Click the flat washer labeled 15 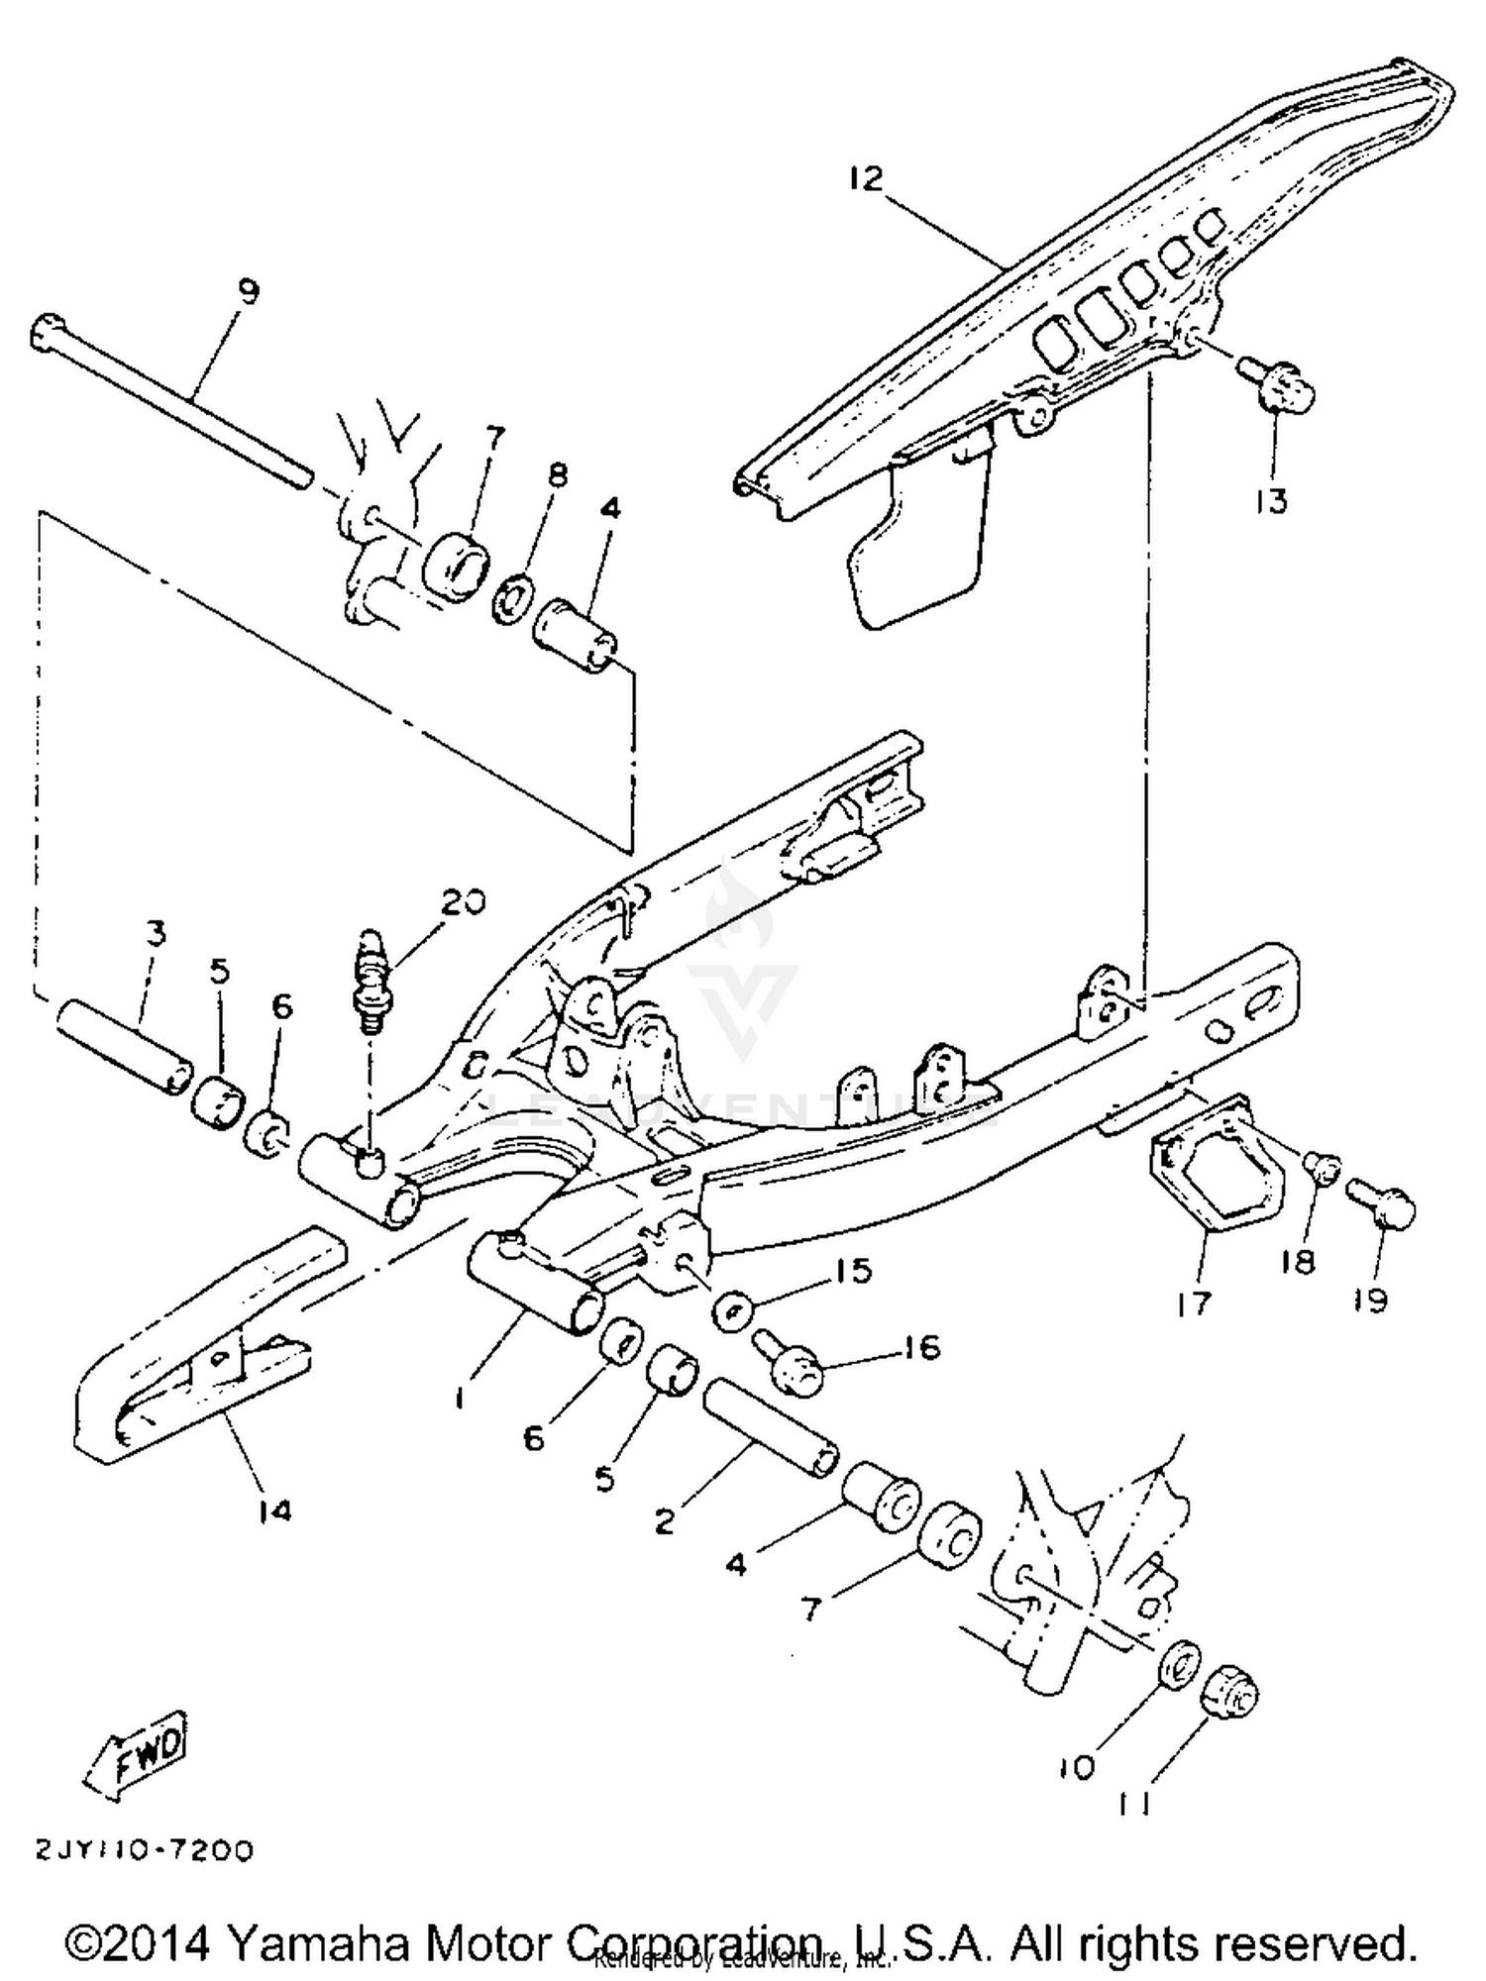(734, 1311)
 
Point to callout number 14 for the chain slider (274, 1511)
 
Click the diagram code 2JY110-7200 (145, 1850)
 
